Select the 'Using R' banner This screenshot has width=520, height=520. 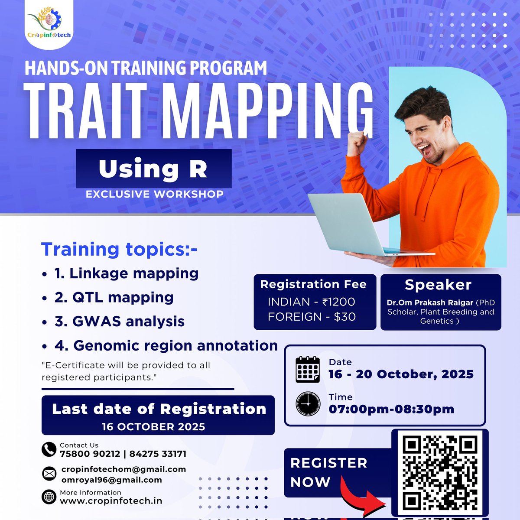coord(153,169)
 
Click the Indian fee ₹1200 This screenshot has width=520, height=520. coord(311,302)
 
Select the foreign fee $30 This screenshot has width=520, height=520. coord(312,317)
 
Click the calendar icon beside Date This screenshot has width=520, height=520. coord(308,370)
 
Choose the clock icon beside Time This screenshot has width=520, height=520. coord(308,404)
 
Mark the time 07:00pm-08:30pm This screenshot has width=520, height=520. coord(391,409)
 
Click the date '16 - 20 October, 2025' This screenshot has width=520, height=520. coord(401,374)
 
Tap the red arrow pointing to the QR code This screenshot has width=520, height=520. coord(362,498)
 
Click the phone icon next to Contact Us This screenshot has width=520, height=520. coord(49,449)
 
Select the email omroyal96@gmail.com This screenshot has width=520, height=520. coord(111,480)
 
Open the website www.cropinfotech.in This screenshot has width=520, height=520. coord(111,501)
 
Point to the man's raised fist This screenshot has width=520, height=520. coord(357,143)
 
